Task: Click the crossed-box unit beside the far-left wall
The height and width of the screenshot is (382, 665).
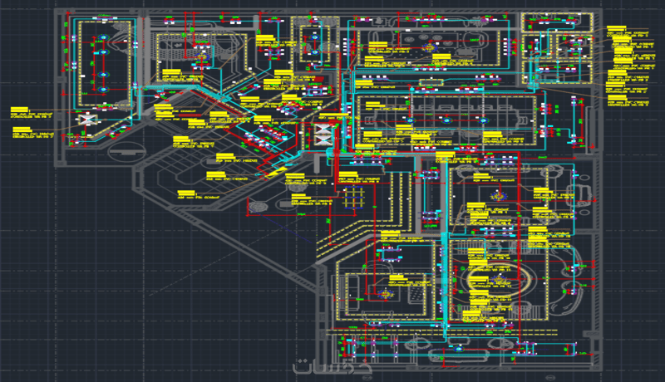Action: click(x=85, y=120)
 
